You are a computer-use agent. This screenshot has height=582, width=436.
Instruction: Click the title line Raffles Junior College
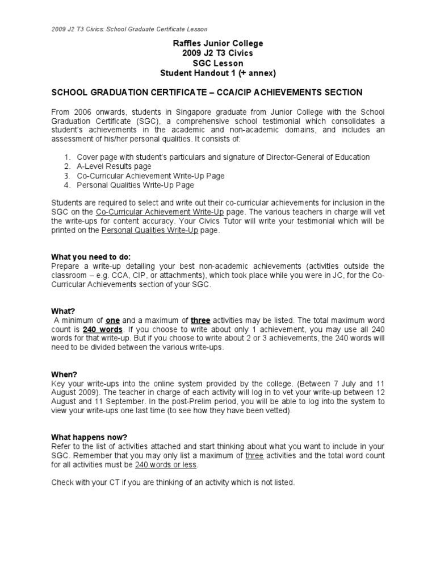coord(218,44)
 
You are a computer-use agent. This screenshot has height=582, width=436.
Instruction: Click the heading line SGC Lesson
coord(218,63)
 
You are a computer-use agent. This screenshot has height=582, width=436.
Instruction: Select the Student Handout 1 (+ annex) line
coord(218,73)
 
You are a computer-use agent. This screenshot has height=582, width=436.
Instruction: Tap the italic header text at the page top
coord(129,29)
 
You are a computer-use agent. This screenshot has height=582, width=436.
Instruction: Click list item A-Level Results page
coord(114,167)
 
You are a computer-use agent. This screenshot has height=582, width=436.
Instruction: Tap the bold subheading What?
coord(63,311)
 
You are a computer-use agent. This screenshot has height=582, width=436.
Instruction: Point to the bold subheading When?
coord(64,375)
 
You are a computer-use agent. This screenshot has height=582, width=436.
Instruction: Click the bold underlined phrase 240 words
coord(103,329)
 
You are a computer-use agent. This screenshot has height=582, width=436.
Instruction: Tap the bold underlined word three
coord(200,320)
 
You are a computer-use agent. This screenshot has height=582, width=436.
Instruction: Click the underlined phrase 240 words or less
coord(166,464)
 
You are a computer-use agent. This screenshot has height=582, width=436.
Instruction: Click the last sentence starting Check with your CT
coord(173,483)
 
